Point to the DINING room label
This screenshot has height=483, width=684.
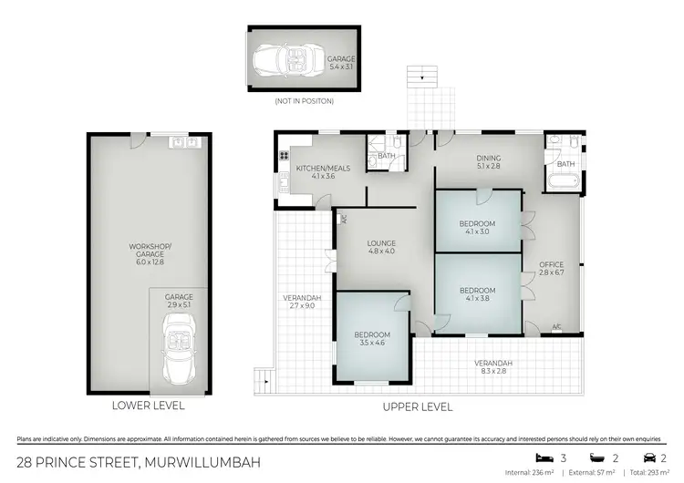(489, 160)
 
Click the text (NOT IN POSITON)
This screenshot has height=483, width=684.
(305, 100)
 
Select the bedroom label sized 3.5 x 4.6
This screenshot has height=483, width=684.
(372, 338)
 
